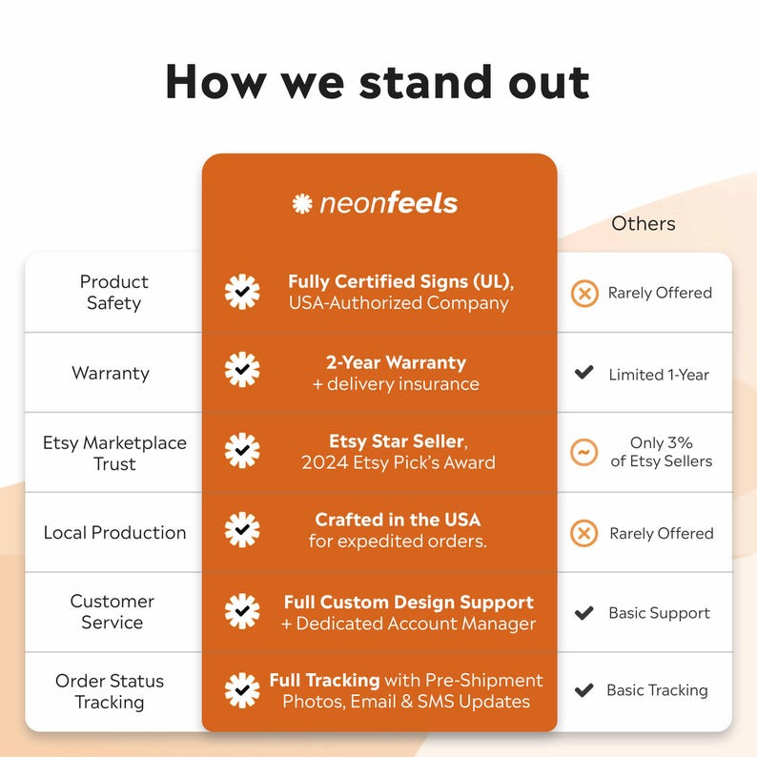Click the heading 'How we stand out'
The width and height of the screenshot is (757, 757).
[377, 82]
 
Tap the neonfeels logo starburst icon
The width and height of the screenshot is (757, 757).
[302, 203]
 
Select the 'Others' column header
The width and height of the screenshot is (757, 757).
[643, 223]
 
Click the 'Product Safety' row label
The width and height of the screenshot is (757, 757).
[114, 292]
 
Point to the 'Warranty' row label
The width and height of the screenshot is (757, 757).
[111, 373]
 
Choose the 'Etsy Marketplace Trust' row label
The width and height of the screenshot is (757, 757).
[114, 453]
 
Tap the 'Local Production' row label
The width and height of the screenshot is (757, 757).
[114, 533]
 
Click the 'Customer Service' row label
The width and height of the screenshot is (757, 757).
[112, 612]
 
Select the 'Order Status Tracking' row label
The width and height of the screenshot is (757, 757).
[110, 691]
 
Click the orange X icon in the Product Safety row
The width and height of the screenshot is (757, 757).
[584, 293]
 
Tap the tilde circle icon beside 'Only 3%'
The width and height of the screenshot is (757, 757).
[583, 452]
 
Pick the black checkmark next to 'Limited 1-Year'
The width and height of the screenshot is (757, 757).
[583, 372]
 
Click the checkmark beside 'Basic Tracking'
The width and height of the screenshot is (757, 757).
[583, 690]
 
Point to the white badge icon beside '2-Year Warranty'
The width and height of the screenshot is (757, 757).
[242, 370]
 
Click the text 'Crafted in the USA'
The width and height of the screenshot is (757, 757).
[398, 520]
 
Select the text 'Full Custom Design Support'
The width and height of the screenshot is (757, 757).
[408, 603]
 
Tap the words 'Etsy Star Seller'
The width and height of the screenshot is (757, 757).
[397, 441]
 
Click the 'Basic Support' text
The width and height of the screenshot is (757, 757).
[659, 613]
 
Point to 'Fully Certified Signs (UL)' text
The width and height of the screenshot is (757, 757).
[399, 281]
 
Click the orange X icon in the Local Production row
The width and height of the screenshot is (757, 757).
[584, 534]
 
